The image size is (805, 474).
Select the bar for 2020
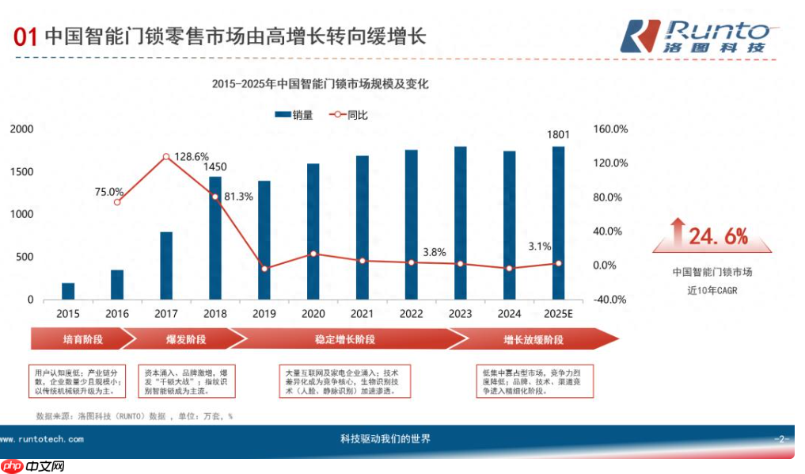point(313,231)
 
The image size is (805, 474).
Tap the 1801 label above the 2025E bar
point(559,135)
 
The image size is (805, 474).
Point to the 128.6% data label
point(192,156)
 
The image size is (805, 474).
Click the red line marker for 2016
point(117,202)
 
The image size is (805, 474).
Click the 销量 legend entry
point(294,115)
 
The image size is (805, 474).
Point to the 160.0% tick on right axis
point(609,129)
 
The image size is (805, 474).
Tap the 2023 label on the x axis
point(460,314)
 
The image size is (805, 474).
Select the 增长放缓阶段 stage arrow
point(534,339)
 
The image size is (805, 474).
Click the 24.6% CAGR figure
point(717,236)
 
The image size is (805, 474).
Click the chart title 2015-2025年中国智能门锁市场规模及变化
point(320,83)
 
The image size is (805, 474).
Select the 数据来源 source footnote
point(135,415)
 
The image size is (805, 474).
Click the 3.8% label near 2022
point(435,252)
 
